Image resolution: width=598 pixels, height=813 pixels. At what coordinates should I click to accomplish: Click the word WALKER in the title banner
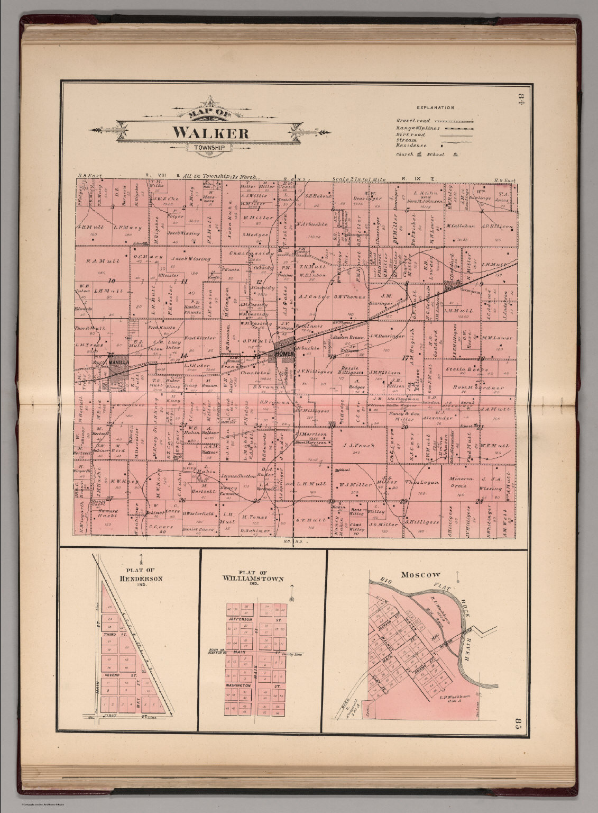pos(210,132)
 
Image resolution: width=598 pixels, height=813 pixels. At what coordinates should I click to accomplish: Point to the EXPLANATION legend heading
pos(435,107)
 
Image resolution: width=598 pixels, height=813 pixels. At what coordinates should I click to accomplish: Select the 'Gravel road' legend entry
pos(413,121)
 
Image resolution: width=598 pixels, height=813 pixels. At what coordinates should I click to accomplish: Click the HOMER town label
pos(283,354)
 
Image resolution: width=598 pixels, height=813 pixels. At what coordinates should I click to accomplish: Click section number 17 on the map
pos(406,358)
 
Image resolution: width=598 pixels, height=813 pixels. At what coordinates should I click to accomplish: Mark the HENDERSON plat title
pos(141,579)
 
